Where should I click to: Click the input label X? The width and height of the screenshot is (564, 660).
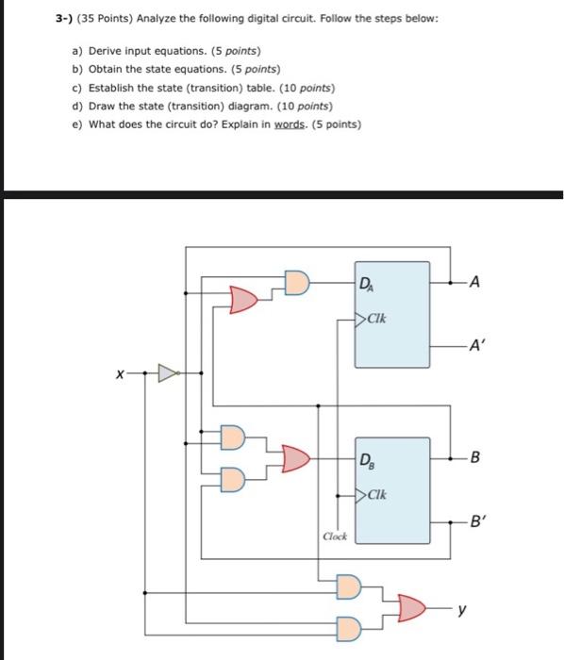[x=119, y=373]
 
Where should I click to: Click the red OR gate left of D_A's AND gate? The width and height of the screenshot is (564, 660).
[x=243, y=300]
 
